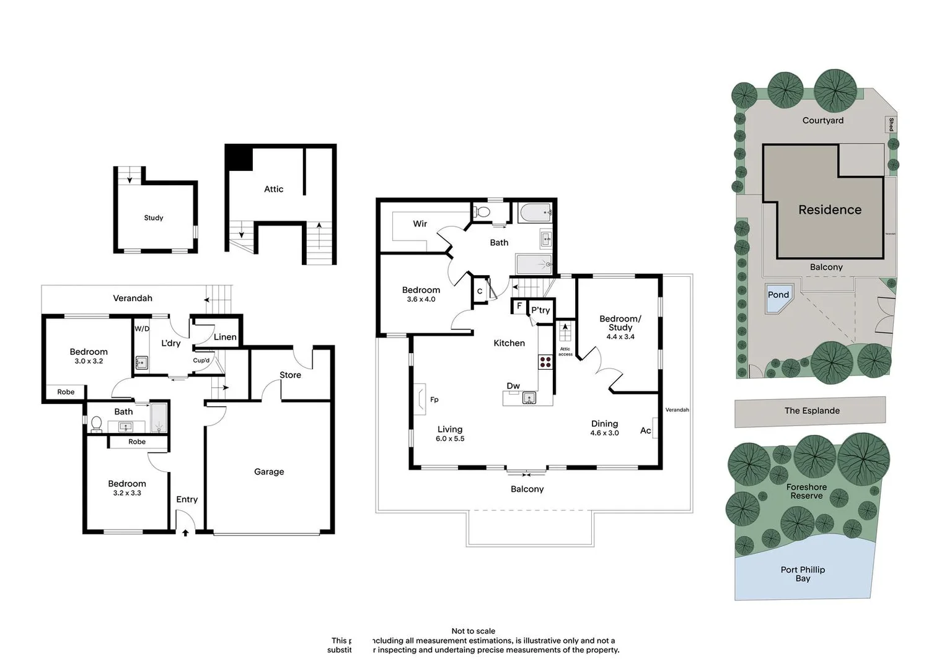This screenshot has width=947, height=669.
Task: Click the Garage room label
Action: click(269, 471)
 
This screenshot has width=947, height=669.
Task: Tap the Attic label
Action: click(273, 189)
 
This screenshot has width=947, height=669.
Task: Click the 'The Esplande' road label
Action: click(812, 411)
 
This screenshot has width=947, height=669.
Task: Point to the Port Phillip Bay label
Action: click(803, 574)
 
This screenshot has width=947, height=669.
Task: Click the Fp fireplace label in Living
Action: click(434, 400)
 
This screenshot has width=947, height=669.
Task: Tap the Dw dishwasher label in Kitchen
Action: click(513, 386)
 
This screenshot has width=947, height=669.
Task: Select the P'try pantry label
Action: click(540, 310)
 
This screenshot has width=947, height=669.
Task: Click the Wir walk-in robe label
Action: click(420, 224)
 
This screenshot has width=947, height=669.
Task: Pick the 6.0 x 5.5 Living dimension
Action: click(450, 439)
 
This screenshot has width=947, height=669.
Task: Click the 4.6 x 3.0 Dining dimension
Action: click(604, 433)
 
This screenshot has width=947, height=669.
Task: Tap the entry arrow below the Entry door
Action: click(185, 532)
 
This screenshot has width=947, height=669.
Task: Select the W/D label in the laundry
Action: click(142, 329)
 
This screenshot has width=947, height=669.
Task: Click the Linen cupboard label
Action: click(225, 337)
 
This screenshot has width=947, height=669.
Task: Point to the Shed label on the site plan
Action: click(891, 125)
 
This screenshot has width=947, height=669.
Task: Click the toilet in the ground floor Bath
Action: click(96, 423)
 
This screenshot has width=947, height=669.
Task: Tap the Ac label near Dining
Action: click(645, 431)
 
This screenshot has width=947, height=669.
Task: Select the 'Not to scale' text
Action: click(474, 631)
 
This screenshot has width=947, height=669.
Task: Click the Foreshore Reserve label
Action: click(806, 491)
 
